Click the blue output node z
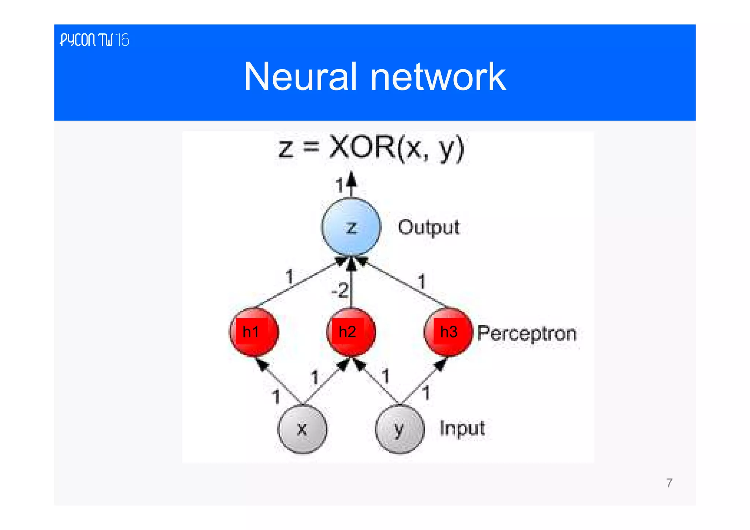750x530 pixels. click(x=351, y=227)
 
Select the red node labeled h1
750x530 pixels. click(x=253, y=332)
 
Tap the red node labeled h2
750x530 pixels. click(x=351, y=332)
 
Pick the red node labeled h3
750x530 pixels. click(x=448, y=332)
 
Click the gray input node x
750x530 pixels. click(x=302, y=429)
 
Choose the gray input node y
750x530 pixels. click(x=400, y=429)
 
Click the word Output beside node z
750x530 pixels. click(x=428, y=227)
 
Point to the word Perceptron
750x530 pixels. click(x=527, y=334)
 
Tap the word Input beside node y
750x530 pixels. click(x=462, y=428)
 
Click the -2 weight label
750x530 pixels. click(x=339, y=290)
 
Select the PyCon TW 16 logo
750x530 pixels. click(x=94, y=40)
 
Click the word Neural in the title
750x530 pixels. click(x=300, y=77)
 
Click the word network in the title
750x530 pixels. click(x=438, y=77)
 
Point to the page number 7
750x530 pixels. click(x=669, y=483)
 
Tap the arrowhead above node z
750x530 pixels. click(x=351, y=179)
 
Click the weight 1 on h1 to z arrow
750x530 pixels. click(x=289, y=276)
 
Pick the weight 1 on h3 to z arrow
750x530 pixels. click(x=422, y=282)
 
